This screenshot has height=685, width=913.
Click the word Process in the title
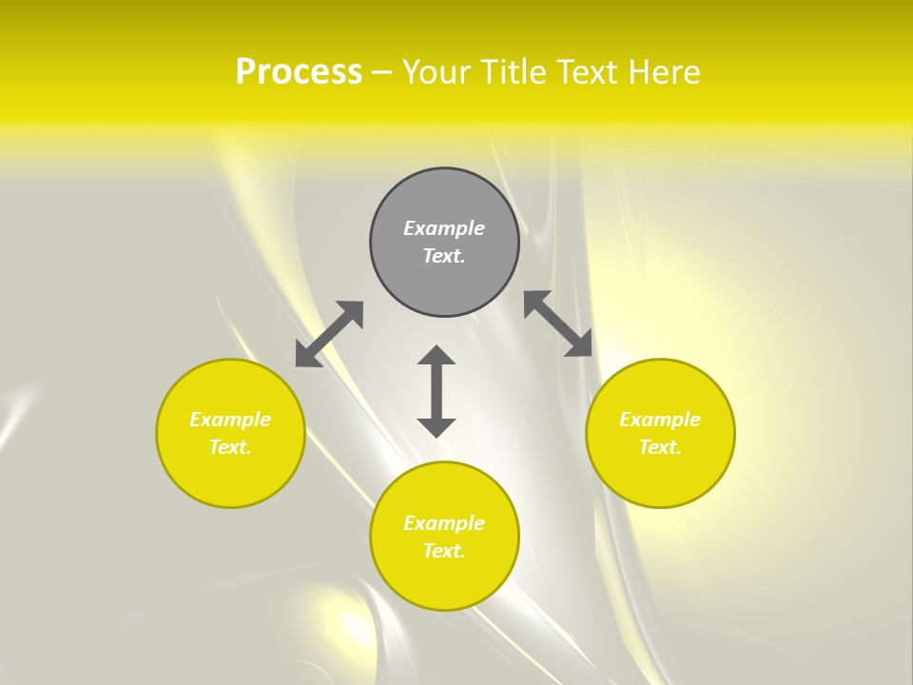coord(299,72)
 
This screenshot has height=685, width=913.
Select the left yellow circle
coord(230,476)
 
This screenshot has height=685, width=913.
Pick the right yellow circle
coord(660,476)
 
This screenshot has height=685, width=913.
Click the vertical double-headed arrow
coord(437,391)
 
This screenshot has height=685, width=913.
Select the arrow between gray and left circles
coord(329,334)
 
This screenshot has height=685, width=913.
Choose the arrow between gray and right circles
coord(558,324)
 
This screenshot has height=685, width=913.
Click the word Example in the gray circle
coord(444,228)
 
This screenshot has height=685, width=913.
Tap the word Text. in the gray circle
coord(444,256)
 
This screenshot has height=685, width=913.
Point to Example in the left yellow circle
coord(230,420)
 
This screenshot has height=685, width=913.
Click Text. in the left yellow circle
coord(230,447)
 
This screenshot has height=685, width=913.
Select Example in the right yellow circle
coord(660,420)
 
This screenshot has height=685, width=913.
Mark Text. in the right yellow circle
coord(660,447)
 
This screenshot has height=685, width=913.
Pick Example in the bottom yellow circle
coord(444,523)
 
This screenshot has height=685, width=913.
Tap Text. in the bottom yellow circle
coord(444,551)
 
